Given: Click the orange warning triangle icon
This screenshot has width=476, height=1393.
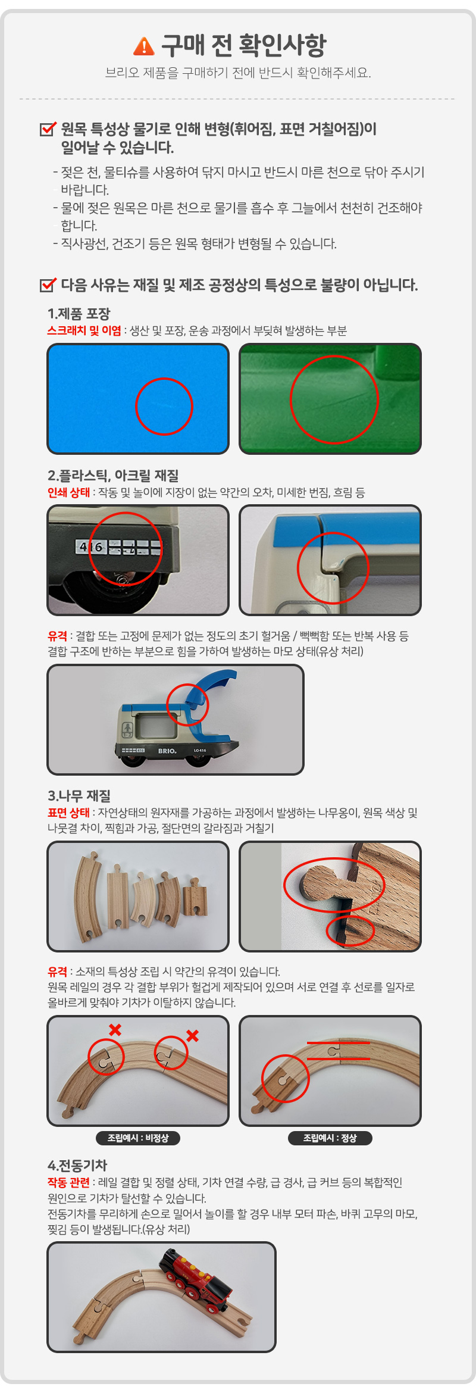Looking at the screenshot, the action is click(x=143, y=46).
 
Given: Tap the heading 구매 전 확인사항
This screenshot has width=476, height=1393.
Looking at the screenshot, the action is click(x=244, y=45).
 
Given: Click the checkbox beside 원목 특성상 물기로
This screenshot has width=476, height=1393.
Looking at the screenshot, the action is click(x=48, y=129).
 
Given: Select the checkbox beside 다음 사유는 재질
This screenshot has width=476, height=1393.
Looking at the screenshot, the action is click(x=48, y=285).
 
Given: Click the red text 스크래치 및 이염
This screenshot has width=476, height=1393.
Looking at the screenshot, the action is click(x=84, y=330).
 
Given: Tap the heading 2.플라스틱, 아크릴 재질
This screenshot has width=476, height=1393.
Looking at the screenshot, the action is click(x=113, y=476).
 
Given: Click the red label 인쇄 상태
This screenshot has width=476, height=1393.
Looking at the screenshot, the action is click(x=68, y=492).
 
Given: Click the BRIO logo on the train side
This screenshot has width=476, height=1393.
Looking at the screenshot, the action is click(x=167, y=751).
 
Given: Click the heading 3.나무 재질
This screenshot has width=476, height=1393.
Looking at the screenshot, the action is click(x=79, y=796).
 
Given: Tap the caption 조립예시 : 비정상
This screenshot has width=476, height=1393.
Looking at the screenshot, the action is click(x=138, y=1138).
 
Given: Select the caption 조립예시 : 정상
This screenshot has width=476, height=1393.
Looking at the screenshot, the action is click(x=330, y=1138).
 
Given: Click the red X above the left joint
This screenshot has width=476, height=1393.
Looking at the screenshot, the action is click(x=115, y=1029).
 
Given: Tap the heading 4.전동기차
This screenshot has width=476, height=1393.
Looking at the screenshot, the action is click(x=77, y=1166).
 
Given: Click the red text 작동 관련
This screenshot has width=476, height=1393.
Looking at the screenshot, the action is click(x=68, y=1182).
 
